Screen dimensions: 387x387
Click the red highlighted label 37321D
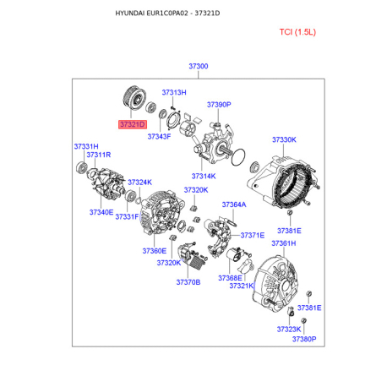133,124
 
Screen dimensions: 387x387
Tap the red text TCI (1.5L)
297,32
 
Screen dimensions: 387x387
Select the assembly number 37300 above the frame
199,66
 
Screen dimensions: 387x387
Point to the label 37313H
174,92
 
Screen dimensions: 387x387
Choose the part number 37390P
219,105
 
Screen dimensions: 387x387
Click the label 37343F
159,136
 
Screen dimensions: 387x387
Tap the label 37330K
284,139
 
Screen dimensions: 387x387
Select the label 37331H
86,146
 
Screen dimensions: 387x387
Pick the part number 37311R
99,155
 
